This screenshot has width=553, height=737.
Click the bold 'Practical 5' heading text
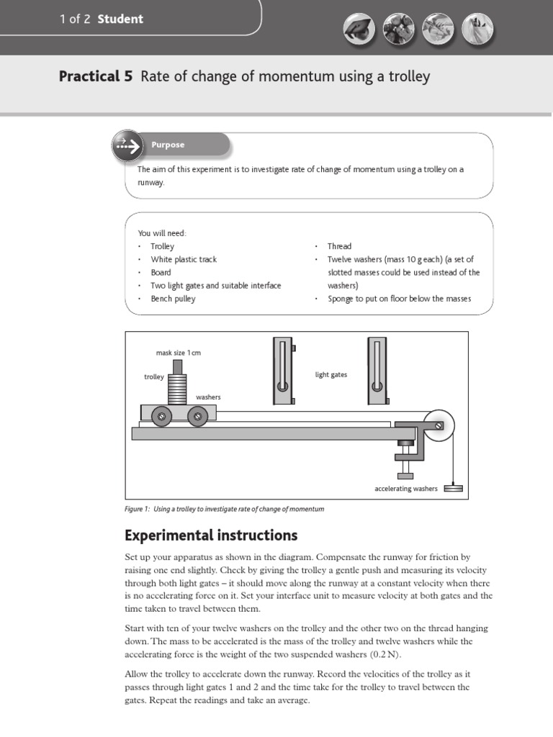[96, 76]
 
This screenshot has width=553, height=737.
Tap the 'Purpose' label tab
[168, 145]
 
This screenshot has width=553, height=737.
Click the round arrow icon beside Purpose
[127, 145]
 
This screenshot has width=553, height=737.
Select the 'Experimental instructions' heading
[211, 535]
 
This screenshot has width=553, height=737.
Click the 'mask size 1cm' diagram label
[178, 353]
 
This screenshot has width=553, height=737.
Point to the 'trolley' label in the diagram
[154, 376]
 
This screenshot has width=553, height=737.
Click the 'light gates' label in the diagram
[331, 375]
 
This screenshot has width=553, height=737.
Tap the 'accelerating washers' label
[406, 489]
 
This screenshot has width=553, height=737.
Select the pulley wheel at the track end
[439, 425]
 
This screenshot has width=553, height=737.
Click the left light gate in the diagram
[282, 371]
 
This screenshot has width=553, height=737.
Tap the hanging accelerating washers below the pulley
[453, 488]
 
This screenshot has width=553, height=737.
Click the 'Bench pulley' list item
[173, 299]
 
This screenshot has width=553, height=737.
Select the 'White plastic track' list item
[183, 259]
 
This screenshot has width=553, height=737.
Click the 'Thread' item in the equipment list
[339, 246]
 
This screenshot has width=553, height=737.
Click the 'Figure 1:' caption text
[137, 509]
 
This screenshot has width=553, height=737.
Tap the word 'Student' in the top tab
[120, 19]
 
